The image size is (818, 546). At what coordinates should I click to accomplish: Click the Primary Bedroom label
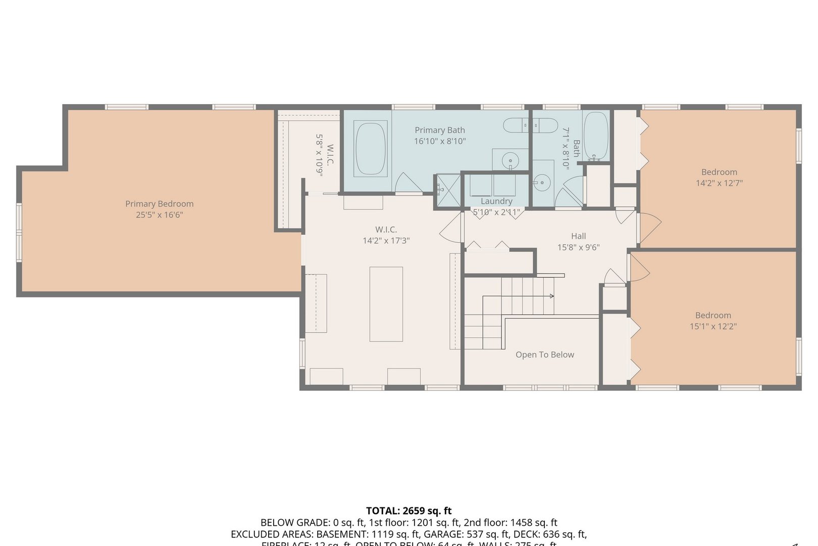point(159,204)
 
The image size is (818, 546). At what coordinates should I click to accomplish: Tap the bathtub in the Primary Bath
point(371,149)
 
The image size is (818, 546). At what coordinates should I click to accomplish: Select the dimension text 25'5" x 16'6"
point(159,215)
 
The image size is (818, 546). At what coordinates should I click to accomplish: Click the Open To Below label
point(544,355)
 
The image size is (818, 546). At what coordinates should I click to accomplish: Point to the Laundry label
point(496,201)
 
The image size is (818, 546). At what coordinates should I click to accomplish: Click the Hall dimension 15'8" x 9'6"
point(578,247)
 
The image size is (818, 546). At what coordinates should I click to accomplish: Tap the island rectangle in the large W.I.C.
point(386,304)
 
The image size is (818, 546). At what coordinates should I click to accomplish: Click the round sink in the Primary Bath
point(510,161)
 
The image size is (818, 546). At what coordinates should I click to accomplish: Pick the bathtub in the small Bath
point(596,135)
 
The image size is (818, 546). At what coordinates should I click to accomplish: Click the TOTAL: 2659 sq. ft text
point(408,511)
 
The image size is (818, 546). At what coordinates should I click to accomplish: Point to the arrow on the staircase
point(551,296)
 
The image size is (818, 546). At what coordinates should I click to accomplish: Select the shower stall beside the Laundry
point(448,191)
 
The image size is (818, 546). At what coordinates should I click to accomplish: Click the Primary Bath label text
point(439,130)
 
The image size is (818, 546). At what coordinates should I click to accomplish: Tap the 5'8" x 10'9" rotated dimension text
point(319,154)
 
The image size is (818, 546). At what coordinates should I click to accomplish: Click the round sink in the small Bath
point(542,181)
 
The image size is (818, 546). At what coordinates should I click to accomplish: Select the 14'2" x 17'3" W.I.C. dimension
point(386,241)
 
